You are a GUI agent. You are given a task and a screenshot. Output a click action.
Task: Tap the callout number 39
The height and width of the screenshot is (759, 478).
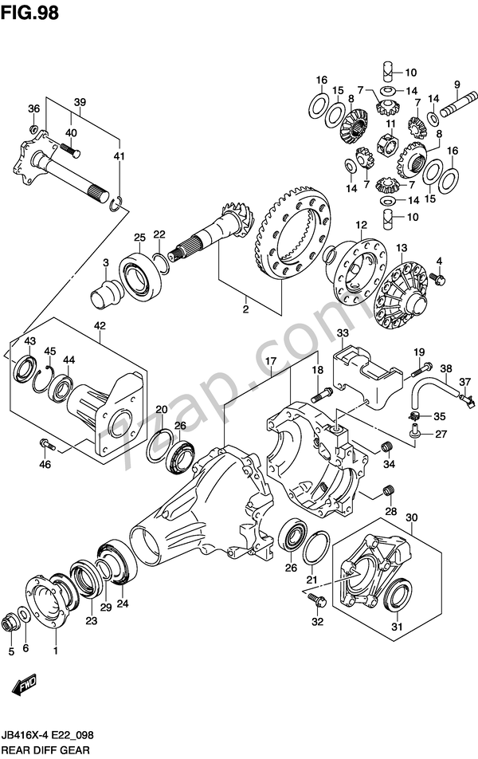80,101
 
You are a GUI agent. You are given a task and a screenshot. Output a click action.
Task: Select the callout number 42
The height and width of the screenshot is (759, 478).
100,325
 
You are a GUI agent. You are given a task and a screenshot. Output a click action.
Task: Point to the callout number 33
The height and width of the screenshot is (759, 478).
342,333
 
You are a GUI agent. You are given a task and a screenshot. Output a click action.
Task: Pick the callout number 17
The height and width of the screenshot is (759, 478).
270,361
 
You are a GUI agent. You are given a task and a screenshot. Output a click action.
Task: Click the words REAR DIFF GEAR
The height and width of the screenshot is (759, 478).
47,750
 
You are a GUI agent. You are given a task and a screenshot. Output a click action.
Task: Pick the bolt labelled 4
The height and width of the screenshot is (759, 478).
437,277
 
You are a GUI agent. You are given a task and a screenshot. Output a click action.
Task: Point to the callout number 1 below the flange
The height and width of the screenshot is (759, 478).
55,651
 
